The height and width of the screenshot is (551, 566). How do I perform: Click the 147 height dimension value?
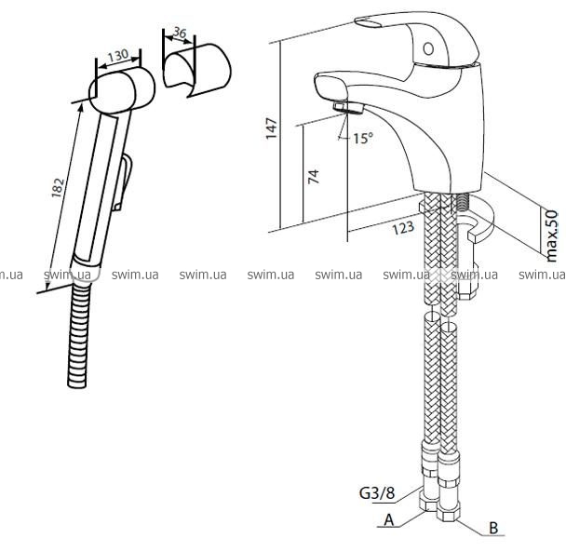tap(272, 128)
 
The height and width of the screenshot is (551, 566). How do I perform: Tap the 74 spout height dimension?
tap(314, 177)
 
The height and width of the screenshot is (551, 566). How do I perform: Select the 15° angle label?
tap(363, 138)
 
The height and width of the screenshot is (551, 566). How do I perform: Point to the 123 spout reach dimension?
tap(403, 228)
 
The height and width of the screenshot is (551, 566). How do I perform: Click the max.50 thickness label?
tap(551, 236)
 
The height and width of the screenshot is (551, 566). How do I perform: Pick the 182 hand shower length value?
tap(58, 188)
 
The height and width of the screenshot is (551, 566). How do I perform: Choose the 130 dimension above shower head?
tap(118, 56)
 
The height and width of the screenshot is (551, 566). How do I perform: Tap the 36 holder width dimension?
tap(180, 33)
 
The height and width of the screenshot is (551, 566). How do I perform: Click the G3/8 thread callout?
tap(377, 493)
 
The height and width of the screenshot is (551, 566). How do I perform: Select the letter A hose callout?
tap(389, 520)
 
